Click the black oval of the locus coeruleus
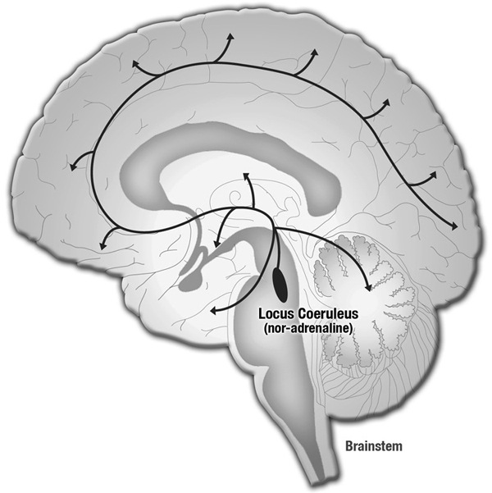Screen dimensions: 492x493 pyautogui.click(x=280, y=284)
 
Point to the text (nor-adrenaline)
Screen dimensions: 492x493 pyautogui.click(x=307, y=328)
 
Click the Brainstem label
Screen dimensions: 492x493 pyautogui.click(x=374, y=446)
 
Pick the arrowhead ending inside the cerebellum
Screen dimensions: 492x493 pyautogui.click(x=368, y=287)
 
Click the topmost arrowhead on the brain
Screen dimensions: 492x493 pyautogui.click(x=231, y=36)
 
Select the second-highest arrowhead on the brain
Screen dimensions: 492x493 pyautogui.click(x=314, y=52)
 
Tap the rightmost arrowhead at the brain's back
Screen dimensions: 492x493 pyautogui.click(x=454, y=226)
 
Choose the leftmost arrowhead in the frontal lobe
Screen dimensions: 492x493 pyautogui.click(x=73, y=167)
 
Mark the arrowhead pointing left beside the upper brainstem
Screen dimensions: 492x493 pyautogui.click(x=213, y=311)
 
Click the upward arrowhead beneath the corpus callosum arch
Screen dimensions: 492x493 pyautogui.click(x=246, y=176)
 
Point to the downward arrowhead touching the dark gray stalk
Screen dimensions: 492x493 pyautogui.click(x=216, y=244)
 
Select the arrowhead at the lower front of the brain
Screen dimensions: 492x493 pyautogui.click(x=102, y=246)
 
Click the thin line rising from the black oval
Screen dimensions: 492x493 pyautogui.click(x=277, y=249)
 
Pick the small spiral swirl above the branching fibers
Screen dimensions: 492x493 pyautogui.click(x=235, y=198)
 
